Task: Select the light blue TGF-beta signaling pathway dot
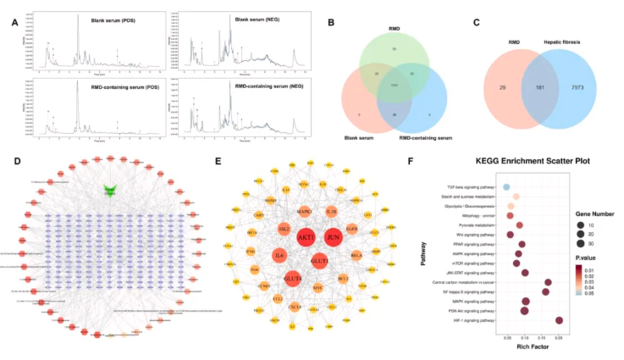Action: (x=506, y=186)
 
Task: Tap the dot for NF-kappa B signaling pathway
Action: (x=545, y=291)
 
